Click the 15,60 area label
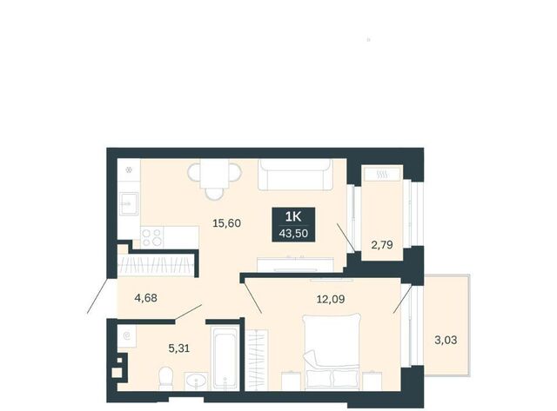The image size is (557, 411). coord(226,223)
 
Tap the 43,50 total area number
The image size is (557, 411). coord(293,234)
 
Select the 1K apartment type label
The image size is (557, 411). coord(293,216)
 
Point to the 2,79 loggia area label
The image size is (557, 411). coord(382,245)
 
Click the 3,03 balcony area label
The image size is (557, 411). coord(446,340)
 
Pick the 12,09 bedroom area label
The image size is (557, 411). coord(331,299)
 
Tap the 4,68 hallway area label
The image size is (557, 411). coord(145,298)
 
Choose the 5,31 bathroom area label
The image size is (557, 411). coord(179,348)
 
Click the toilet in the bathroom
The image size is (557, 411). coord(165,378)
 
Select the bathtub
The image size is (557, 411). coord(225,358)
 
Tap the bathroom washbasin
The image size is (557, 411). coord(197,381)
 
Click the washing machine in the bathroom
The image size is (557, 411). coord(127,335)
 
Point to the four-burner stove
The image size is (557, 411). coord(152,237)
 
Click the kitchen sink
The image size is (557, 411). coord(129,203)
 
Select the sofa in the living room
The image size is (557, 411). coord(295,176)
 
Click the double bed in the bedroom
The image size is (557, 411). coord(332,351)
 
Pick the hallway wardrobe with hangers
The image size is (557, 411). coord(158,264)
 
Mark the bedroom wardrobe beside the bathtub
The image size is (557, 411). coord(257,360)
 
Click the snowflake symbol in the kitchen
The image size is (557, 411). coord(130,170)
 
